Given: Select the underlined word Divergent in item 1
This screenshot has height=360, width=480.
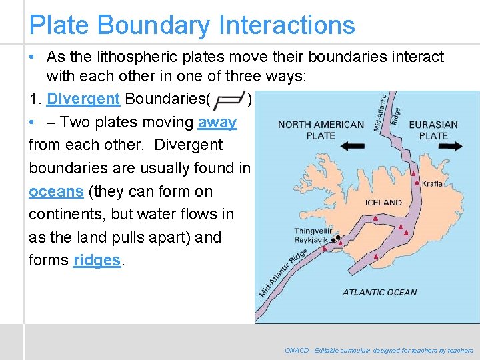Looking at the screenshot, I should pos(83,99).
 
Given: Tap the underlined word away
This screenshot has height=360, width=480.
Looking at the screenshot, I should pos(217,123).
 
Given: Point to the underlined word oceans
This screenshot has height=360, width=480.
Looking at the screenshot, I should pos(56,191).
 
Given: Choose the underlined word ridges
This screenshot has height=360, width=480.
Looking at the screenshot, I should pos(97,261).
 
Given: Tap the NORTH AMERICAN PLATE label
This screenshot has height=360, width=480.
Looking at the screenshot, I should pos(321,129).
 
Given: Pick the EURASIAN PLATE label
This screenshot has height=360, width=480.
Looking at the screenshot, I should pos(433,129).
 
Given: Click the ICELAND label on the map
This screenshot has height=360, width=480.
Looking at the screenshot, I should pos(383,202).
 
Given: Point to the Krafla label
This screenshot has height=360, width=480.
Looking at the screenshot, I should pos(433,183).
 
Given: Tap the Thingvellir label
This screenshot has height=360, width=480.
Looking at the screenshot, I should pos(312,231).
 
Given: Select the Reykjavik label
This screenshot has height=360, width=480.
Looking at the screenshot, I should pos(313,239).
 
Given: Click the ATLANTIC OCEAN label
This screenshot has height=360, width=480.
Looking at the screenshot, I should pos(379,292).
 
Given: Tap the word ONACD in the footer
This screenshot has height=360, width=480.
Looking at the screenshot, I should pos(296,350).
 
